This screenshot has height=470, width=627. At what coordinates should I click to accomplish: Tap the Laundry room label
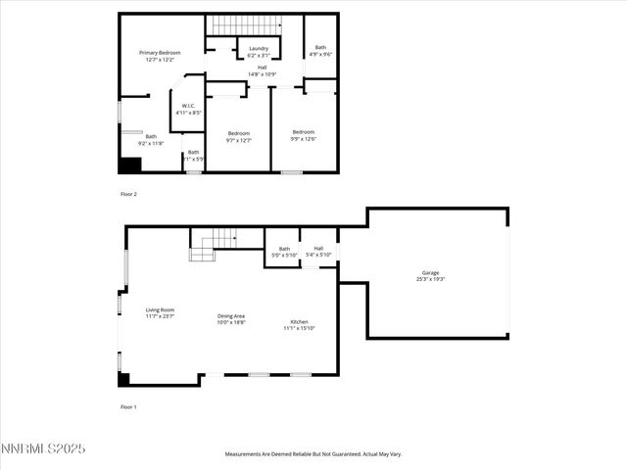259,52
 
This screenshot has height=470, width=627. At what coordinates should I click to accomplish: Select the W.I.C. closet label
188,109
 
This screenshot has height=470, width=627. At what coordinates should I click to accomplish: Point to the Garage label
430,275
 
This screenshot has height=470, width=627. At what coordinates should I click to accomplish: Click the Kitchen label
299,325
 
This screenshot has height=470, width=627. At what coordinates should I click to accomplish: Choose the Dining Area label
231,318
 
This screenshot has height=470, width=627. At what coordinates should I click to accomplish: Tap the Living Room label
160,312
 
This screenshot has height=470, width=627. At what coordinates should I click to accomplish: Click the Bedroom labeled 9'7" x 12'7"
239,136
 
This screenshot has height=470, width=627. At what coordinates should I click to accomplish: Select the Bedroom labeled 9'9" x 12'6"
304,135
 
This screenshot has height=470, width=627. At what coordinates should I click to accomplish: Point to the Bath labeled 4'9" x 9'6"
320,51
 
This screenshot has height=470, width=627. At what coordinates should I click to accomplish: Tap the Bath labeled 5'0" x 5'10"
284,252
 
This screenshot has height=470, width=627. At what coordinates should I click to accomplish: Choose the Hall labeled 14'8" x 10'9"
262,70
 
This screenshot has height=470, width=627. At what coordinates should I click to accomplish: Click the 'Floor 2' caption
128,194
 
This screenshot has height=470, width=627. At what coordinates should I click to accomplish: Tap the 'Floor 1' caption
128,406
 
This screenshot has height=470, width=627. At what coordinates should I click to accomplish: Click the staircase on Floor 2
246,24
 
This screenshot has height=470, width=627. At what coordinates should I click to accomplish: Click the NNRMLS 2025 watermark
43,448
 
